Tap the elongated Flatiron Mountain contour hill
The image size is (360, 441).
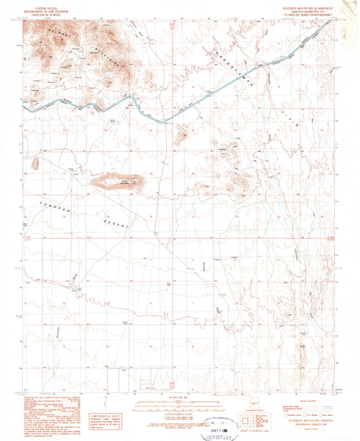tap(118, 181)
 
